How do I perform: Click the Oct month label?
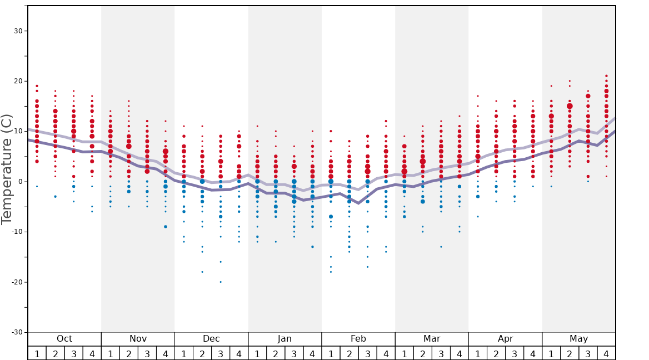[64, 339]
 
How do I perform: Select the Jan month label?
[284, 339]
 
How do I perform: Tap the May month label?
[578, 339]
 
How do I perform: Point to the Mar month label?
[432, 339]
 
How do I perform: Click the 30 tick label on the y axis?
[18, 31]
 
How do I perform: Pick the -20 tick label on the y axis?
[16, 282]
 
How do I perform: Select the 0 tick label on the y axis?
[20, 182]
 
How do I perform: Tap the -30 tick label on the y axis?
[16, 332]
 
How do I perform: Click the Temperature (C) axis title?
[7, 169]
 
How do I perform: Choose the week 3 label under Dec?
[221, 353]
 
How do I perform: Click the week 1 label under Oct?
[37, 353]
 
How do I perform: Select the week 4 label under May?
[606, 353]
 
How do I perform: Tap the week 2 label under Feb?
[349, 353]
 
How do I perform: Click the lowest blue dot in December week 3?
[221, 282]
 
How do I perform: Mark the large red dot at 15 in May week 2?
[570, 106]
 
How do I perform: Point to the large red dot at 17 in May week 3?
[588, 96]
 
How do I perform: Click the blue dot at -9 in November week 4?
[166, 227]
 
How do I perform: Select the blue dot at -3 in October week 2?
[55, 197]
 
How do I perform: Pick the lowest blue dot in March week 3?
[441, 247]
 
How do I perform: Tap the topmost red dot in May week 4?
[606, 76]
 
